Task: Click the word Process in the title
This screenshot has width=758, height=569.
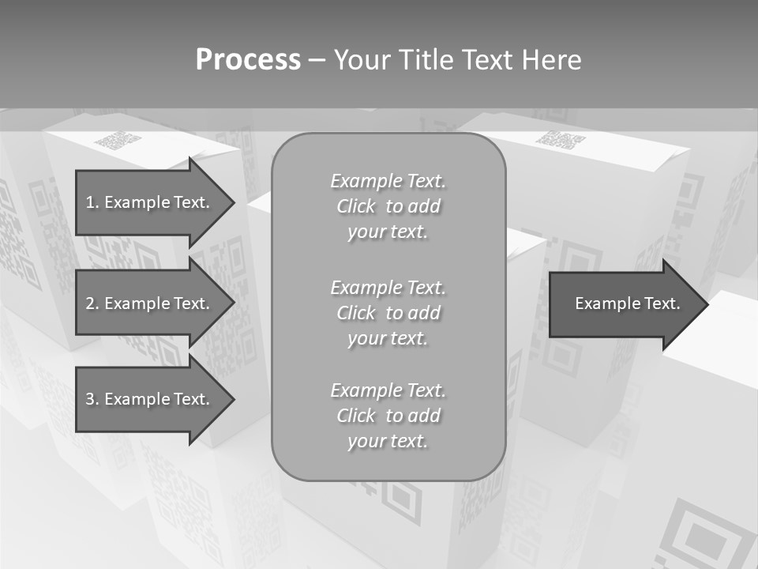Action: pyautogui.click(x=248, y=60)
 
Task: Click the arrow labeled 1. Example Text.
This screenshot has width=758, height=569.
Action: pyautogui.click(x=150, y=202)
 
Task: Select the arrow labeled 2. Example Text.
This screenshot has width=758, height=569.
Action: pyautogui.click(x=150, y=303)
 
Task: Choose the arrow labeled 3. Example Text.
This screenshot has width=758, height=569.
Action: pyautogui.click(x=150, y=399)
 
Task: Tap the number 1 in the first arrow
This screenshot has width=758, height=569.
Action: pyautogui.click(x=91, y=202)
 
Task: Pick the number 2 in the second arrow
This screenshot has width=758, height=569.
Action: pyautogui.click(x=91, y=303)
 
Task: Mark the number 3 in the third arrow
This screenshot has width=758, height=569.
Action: pyautogui.click(x=91, y=399)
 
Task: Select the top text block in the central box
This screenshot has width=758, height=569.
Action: pyautogui.click(x=388, y=206)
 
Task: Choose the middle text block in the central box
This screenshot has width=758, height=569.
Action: pyautogui.click(x=388, y=313)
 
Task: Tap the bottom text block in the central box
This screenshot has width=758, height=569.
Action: pyautogui.click(x=388, y=416)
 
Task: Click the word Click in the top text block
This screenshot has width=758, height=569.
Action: pyautogui.click(x=356, y=206)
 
